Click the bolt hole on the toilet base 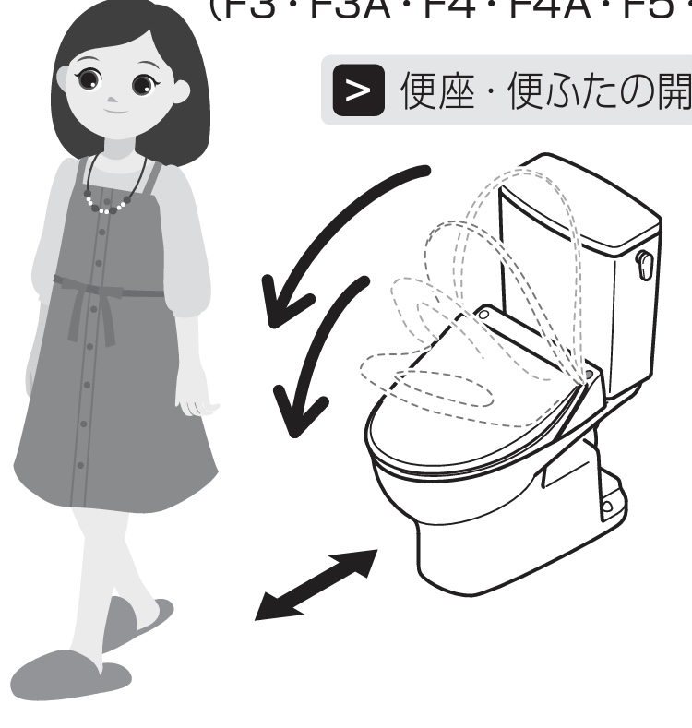point(607,507)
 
